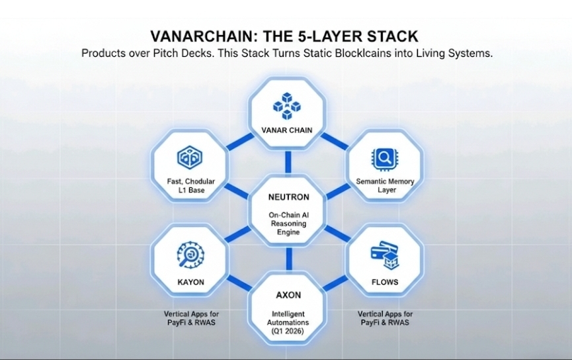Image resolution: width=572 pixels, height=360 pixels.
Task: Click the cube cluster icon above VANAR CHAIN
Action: [x=287, y=106]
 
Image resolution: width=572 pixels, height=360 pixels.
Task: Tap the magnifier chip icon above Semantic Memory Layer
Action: [x=384, y=159]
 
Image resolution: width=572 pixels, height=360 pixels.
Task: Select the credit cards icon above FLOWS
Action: [x=385, y=255]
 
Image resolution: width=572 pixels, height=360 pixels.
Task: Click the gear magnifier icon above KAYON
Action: [x=190, y=255]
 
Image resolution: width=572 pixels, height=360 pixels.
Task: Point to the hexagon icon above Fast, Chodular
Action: [x=190, y=157]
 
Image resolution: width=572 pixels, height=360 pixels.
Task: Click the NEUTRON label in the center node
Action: [x=288, y=197]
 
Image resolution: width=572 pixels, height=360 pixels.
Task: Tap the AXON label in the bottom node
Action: [x=288, y=295]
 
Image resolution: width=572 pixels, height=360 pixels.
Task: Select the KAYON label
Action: [x=191, y=282]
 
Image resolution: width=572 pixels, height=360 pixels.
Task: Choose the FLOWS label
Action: [x=385, y=282]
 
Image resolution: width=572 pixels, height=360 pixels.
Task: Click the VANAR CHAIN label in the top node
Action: [x=287, y=130]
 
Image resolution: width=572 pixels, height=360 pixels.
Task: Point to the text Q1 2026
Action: [x=288, y=331]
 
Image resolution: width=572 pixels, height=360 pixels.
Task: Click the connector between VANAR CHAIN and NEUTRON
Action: [x=288, y=162]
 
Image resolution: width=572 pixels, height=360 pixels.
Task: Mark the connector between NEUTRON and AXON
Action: [x=289, y=259]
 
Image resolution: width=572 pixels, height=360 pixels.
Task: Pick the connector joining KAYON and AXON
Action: [x=239, y=283]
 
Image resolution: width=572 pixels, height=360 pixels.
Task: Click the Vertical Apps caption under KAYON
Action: [x=191, y=318]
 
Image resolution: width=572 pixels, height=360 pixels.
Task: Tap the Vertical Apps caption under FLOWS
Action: [x=385, y=318]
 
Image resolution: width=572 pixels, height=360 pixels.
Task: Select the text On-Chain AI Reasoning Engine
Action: [x=288, y=224]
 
